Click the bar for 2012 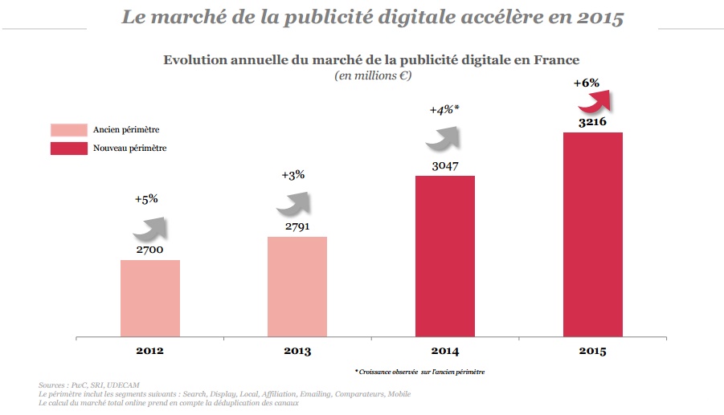[149, 298]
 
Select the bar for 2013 [297, 287]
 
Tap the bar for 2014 [444, 256]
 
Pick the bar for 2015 [592, 234]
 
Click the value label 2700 [150, 250]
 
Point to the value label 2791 [298, 226]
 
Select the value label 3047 [444, 166]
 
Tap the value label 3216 [592, 123]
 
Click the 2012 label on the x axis [149, 351]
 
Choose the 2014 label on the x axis [444, 351]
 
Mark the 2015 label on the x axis [592, 351]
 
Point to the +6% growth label [586, 83]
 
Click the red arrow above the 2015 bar [595, 103]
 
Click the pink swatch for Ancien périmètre [68, 130]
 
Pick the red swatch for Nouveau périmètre [68, 148]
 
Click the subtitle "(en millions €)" [371, 75]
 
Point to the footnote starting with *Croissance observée [419, 372]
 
